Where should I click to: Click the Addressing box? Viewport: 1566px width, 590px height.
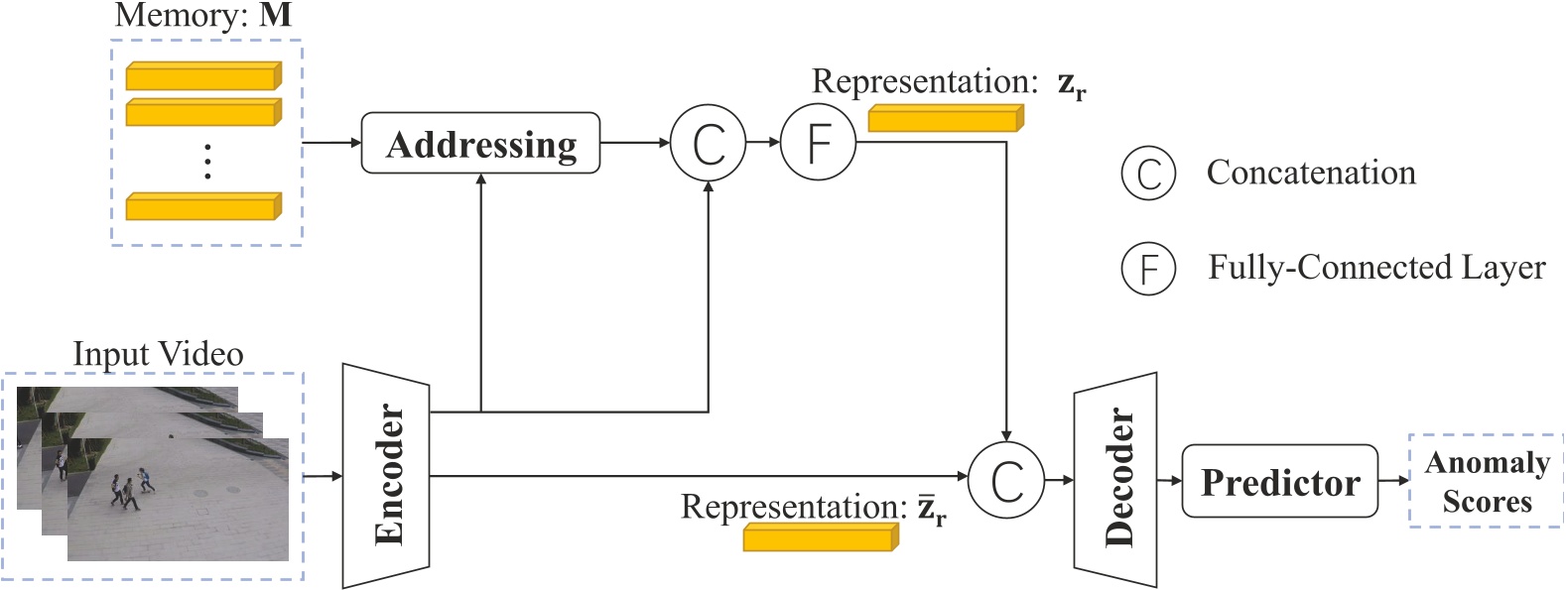(x=480, y=144)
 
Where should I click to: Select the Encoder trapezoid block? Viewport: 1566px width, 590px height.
(x=386, y=476)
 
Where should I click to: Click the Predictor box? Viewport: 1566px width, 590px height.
(x=1279, y=482)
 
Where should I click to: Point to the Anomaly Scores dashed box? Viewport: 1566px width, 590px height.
(x=1486, y=481)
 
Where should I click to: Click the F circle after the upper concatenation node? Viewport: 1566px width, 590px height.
(x=818, y=143)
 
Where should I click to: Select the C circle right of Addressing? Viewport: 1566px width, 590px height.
(x=708, y=143)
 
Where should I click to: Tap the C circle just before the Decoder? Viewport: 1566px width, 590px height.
(x=1005, y=480)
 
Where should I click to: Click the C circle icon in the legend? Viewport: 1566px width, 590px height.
(x=1148, y=173)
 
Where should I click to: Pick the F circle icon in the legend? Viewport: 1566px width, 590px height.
(x=1148, y=268)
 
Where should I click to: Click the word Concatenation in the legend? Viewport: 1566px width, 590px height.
(x=1310, y=173)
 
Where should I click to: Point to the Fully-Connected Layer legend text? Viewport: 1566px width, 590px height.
(x=1375, y=268)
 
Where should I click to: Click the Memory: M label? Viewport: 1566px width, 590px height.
(x=202, y=15)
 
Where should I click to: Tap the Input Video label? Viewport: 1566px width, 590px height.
(x=158, y=354)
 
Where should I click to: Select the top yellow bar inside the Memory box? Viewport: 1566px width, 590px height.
(x=202, y=76)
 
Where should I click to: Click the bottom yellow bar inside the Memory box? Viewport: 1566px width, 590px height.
(x=202, y=206)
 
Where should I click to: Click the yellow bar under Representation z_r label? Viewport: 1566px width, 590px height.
(x=945, y=119)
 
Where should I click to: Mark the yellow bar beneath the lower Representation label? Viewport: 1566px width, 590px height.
(x=820, y=537)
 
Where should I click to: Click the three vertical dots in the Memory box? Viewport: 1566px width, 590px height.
(x=207, y=161)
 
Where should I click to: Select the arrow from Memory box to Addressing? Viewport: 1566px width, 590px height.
(x=331, y=143)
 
